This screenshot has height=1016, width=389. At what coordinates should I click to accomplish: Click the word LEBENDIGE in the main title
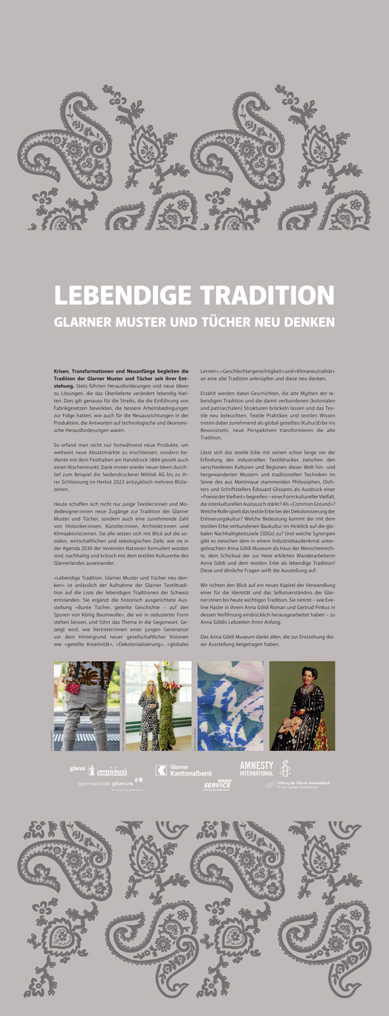pyautogui.click(x=116, y=295)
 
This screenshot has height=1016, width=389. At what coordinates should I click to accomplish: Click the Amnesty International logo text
pyautogui.click(x=256, y=768)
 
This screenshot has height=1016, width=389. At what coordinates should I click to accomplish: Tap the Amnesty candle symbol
pyautogui.click(x=285, y=769)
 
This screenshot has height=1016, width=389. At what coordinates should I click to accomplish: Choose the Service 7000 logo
pyautogui.click(x=218, y=784)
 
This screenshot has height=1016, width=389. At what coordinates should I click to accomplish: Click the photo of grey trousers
pyautogui.click(x=87, y=705)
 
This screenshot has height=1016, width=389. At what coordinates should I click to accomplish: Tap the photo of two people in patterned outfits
pyautogui.click(x=158, y=705)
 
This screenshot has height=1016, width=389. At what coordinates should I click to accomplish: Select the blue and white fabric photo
pyautogui.click(x=230, y=705)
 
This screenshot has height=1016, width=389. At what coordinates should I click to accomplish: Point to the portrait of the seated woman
pyautogui.click(x=302, y=705)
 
